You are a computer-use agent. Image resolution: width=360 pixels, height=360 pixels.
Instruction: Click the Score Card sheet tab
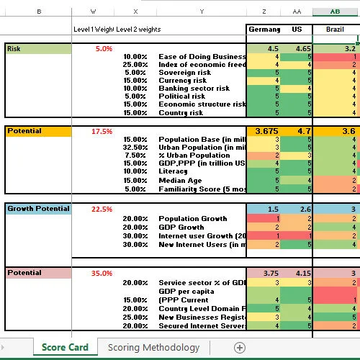65,347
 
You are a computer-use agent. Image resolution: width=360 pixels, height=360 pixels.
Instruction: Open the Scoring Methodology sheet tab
153,347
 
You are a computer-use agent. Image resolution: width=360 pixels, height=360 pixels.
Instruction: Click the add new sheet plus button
240,347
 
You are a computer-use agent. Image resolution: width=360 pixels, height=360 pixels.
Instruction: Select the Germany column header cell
264,29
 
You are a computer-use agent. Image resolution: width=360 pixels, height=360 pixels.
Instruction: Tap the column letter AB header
336,12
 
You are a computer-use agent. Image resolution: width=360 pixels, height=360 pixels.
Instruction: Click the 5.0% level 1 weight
104,49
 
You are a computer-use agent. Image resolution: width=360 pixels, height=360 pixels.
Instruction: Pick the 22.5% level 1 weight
102,210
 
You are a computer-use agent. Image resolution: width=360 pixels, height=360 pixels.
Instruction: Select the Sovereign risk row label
184,73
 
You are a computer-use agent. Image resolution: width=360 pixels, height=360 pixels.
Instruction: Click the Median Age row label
180,180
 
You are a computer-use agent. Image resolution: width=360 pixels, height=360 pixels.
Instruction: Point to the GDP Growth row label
182,227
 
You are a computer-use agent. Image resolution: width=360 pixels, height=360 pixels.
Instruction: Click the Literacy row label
173,171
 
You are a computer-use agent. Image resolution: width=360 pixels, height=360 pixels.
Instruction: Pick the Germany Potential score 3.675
266,131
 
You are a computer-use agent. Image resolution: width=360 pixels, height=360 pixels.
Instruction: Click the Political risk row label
181,96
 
